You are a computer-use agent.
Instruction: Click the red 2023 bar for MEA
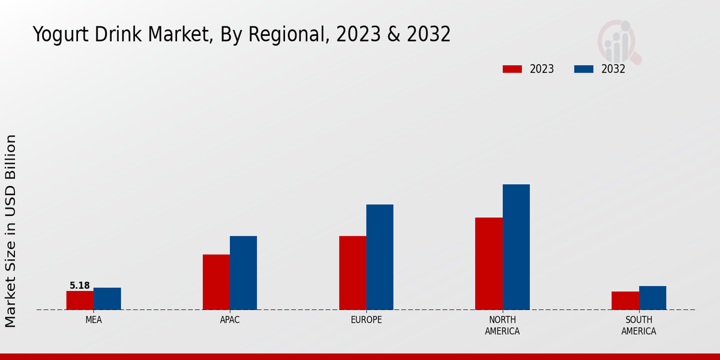(80, 300)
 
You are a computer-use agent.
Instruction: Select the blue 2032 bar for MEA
(107, 299)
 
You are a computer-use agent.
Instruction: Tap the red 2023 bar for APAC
(216, 282)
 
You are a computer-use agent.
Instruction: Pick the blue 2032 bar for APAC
(243, 273)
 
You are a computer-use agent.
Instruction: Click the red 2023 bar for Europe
(352, 273)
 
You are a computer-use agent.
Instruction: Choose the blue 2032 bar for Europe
(380, 257)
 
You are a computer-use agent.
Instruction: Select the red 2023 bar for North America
(488, 263)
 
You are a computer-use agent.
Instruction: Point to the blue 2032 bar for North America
(516, 247)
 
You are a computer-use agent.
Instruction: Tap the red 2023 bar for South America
(625, 301)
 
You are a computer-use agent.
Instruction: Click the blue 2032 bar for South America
(652, 298)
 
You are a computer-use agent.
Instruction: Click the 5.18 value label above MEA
(80, 286)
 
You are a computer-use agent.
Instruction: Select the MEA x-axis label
(94, 320)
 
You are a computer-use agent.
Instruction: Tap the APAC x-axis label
(230, 320)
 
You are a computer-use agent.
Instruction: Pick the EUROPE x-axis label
(366, 320)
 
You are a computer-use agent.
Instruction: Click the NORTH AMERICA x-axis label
(502, 326)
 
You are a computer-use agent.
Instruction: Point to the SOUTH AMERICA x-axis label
(638, 326)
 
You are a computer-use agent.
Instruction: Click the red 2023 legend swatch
(512, 69)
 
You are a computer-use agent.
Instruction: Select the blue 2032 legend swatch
(583, 69)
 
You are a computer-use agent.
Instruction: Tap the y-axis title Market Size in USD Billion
(11, 231)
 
